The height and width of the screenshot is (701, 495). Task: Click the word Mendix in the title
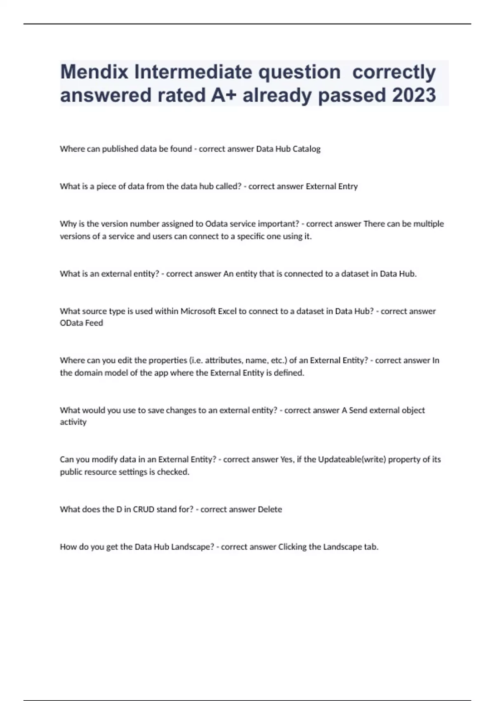click(x=94, y=72)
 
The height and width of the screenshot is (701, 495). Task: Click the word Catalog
click(x=306, y=149)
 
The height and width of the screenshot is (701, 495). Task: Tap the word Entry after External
click(x=348, y=186)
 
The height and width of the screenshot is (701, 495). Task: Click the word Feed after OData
click(x=94, y=323)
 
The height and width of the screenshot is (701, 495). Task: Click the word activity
click(x=73, y=422)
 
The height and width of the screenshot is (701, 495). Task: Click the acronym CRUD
click(x=143, y=509)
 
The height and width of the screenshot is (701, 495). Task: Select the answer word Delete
click(x=270, y=509)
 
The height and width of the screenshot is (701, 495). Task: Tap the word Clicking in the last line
click(x=292, y=547)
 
